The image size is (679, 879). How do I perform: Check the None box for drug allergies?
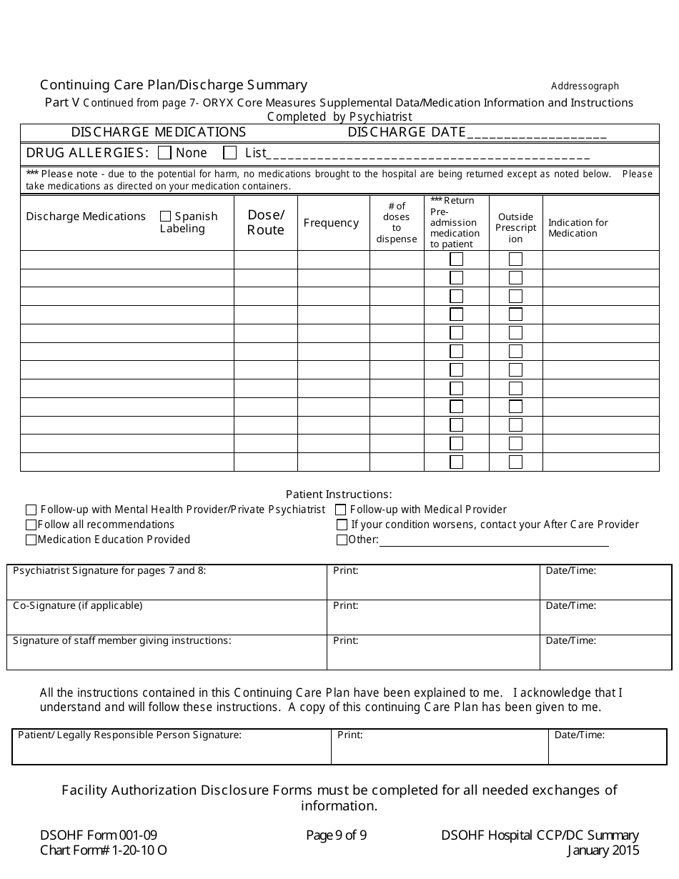[164, 153]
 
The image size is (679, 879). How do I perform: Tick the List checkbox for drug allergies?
[230, 153]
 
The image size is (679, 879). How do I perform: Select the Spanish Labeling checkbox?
[166, 217]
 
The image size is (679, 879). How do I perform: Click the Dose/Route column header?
[266, 222]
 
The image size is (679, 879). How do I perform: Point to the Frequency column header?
[331, 223]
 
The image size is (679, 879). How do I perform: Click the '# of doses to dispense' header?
[397, 222]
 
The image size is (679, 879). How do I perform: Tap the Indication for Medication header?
[578, 228]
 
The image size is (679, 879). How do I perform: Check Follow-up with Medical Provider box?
[341, 510]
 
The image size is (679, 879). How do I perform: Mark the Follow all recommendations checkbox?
[31, 525]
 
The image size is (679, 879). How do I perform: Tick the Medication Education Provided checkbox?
[31, 540]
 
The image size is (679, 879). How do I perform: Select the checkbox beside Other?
[342, 540]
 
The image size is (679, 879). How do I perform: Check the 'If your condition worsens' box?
[342, 525]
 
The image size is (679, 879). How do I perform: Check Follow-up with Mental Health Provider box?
[31, 510]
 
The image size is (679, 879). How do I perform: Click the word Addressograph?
[585, 86]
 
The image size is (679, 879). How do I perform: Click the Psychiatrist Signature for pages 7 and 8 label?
[109, 571]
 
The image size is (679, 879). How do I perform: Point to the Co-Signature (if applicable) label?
[78, 606]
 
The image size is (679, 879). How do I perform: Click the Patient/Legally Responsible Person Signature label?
[129, 735]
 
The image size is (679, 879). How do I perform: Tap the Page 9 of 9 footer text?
[336, 835]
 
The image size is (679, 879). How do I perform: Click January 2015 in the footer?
[603, 850]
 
